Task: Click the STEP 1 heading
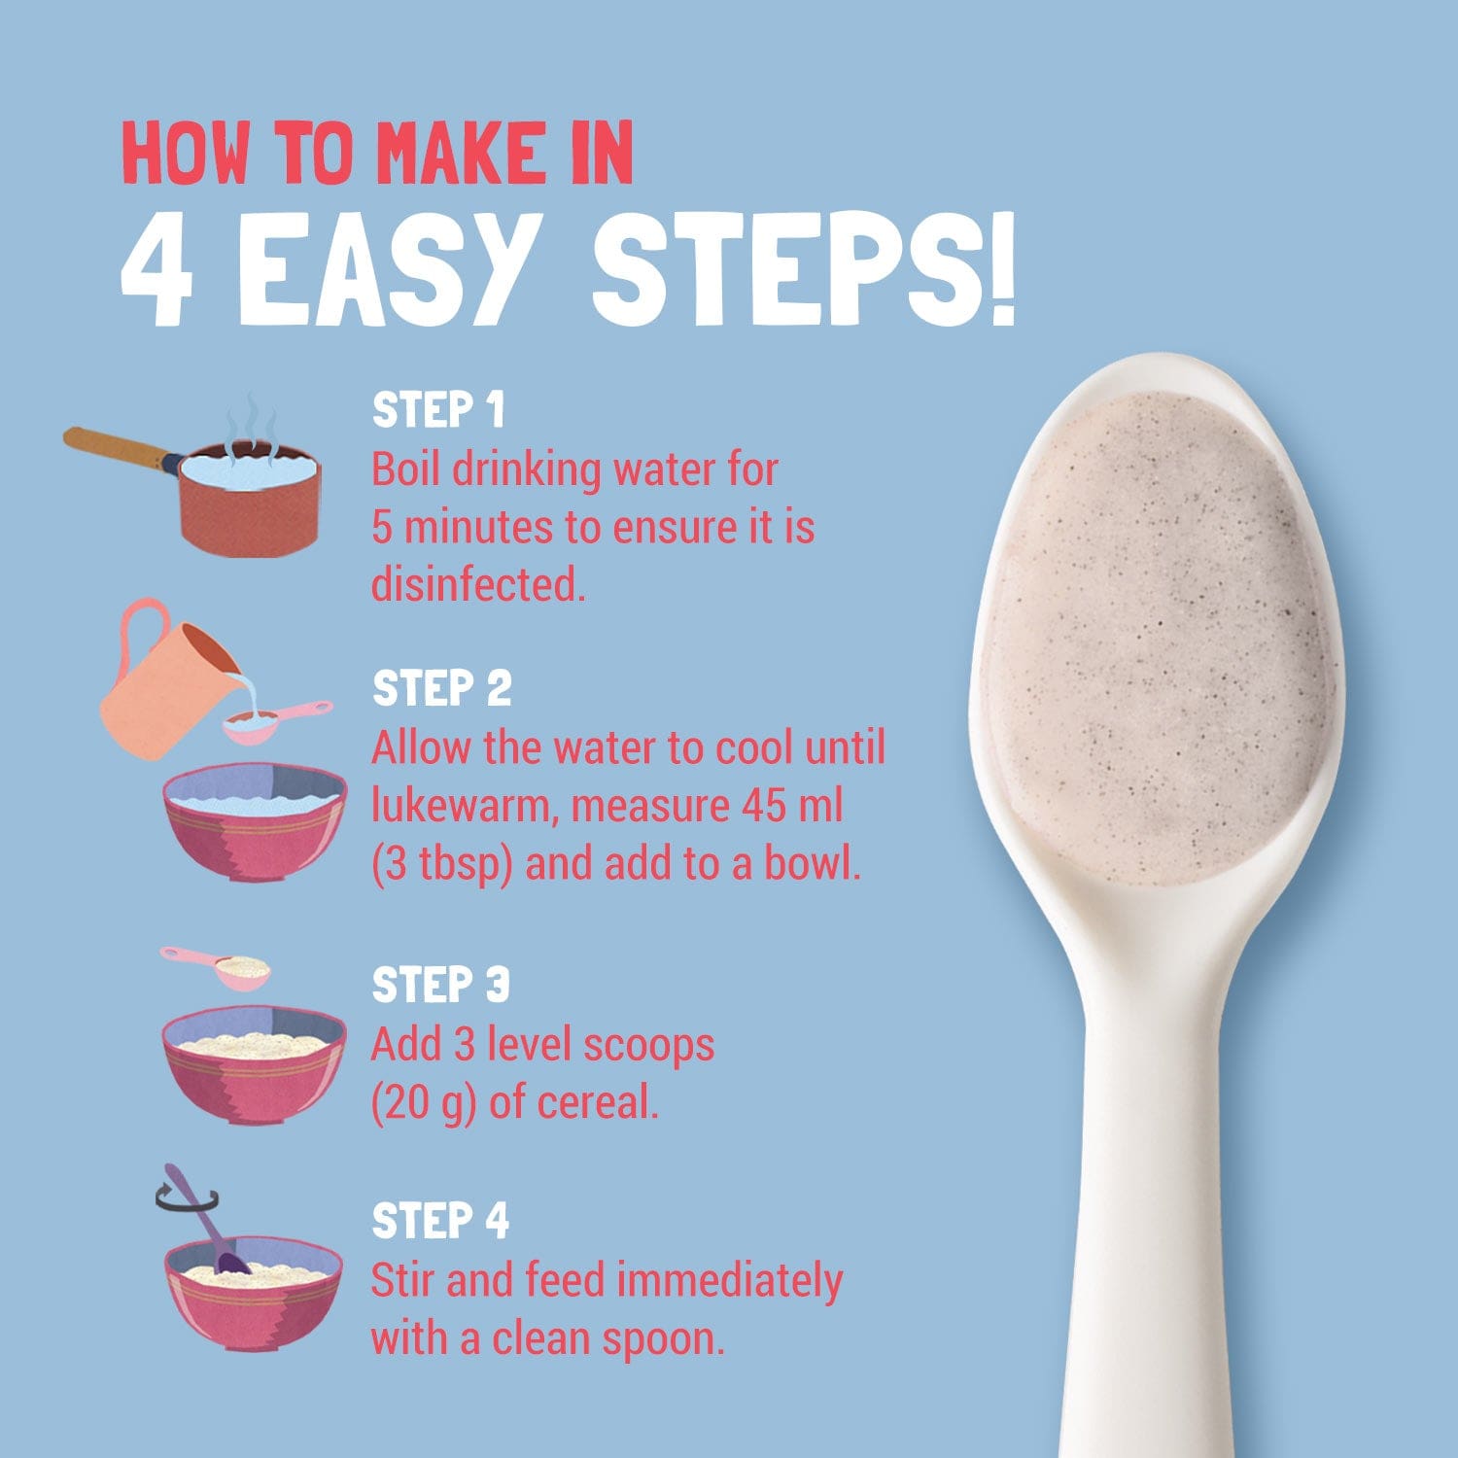click(x=439, y=410)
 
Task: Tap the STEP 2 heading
click(x=442, y=688)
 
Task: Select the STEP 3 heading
click(x=441, y=985)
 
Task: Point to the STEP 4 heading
click(x=441, y=1221)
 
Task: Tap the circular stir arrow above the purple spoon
click(x=187, y=1202)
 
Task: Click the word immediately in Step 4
click(x=729, y=1282)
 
